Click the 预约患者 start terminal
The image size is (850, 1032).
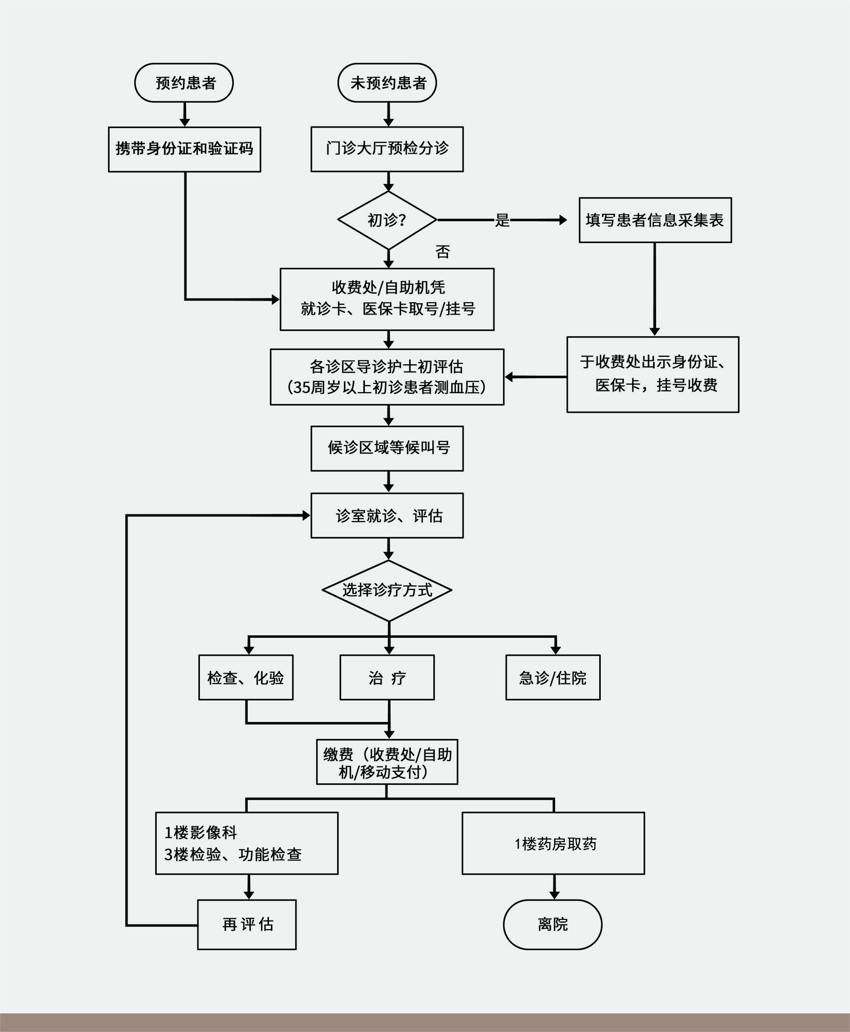tap(184, 83)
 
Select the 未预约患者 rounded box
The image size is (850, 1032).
tap(387, 83)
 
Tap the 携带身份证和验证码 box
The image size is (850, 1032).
tap(184, 149)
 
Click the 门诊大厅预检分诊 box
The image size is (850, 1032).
tap(387, 149)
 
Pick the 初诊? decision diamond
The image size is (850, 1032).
tap(387, 220)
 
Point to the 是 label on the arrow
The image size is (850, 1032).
tap(502, 220)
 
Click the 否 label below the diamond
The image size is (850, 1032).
tap(442, 252)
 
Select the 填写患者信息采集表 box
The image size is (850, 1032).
tap(655, 220)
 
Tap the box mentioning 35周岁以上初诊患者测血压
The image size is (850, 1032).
tap(387, 377)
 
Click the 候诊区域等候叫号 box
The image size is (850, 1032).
tap(387, 448)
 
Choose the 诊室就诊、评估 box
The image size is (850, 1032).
tap(387, 515)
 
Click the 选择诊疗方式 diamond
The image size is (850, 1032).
tap(387, 590)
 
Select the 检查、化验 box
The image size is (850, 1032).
tap(246, 677)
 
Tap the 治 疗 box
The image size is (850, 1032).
tap(387, 677)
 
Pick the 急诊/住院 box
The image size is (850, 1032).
tap(552, 677)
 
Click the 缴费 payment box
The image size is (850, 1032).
tap(387, 762)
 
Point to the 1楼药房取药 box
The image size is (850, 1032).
tap(553, 843)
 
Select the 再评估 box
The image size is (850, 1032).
tap(247, 925)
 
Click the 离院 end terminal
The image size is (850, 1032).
tap(552, 925)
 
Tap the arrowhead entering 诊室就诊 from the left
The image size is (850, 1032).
tap(306, 515)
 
